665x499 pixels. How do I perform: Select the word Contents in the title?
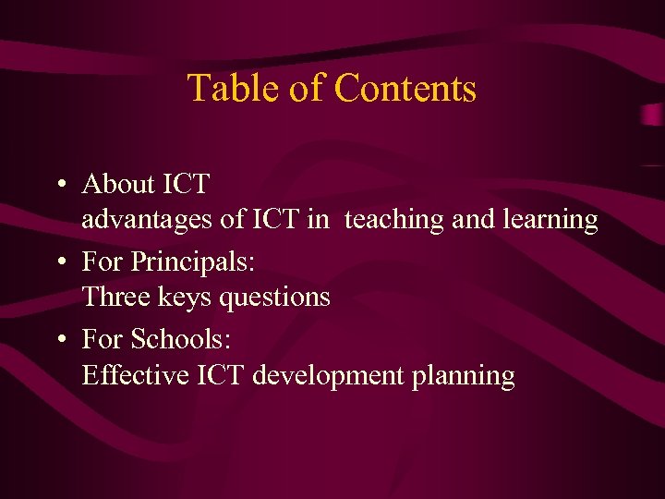[405, 89]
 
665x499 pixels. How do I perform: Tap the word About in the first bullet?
[118, 184]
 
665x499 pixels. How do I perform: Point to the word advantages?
[148, 221]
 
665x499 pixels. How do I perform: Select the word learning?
[551, 221]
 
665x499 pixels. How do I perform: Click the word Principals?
[193, 262]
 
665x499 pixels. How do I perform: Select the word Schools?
[181, 339]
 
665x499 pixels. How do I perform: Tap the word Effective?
[131, 375]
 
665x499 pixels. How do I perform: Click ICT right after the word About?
[187, 184]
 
